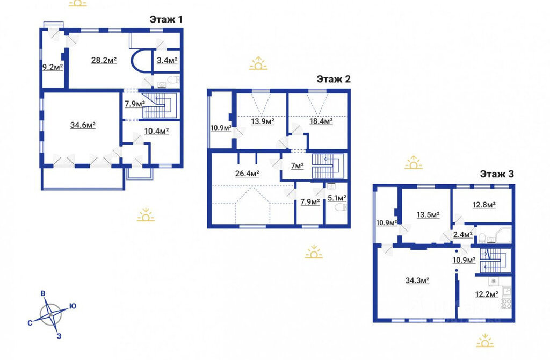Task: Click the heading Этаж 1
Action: coord(166,19)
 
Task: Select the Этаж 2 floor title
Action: coord(334,79)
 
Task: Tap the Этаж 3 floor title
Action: coord(497,174)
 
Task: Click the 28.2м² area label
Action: coord(104,60)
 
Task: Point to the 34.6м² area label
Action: coord(83,125)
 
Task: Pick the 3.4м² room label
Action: coord(167,60)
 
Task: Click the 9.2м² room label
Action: coord(53,67)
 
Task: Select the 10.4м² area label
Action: coord(156,131)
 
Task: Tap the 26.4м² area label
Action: coord(247,174)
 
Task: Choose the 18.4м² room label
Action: coord(321,121)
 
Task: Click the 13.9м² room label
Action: coord(263,121)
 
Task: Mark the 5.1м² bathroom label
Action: coord(337,198)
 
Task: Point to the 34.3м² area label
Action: coord(418,280)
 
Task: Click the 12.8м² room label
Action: coord(484,205)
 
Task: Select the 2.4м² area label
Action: coord(463,234)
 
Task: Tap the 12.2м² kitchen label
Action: coord(487,294)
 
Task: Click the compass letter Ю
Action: coord(73,306)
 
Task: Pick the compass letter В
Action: coord(43,294)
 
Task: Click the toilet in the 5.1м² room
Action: coord(339,208)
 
